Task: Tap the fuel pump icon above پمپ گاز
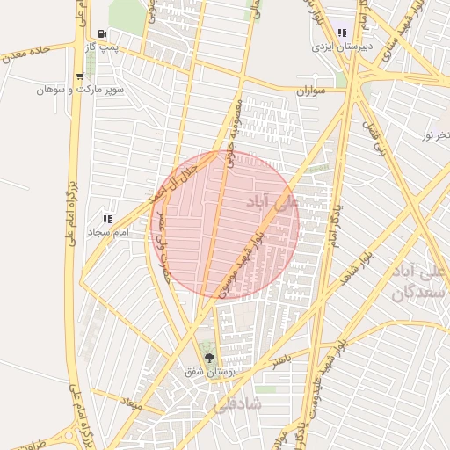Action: point(103,33)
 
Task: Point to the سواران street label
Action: point(311,91)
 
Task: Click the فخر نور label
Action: point(435,134)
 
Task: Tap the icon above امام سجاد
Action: point(107,218)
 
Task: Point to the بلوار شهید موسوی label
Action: point(244,261)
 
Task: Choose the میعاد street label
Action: point(133,403)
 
